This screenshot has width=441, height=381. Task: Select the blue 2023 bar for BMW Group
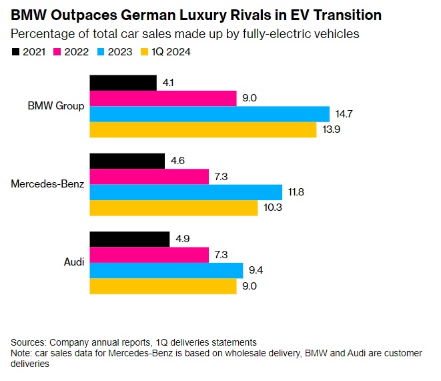(209, 114)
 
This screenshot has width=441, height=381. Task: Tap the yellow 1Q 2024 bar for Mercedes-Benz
(173, 208)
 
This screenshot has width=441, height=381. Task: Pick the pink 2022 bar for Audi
(149, 255)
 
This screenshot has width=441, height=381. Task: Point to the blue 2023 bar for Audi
(166, 270)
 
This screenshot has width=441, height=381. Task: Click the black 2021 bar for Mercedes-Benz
(127, 161)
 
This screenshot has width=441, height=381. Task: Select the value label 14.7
(344, 114)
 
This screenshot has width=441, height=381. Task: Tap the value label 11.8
(297, 192)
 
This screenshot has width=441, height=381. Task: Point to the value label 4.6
(177, 161)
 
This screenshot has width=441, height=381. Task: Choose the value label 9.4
(256, 270)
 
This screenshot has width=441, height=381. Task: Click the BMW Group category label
(57, 106)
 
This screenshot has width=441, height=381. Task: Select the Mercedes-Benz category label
(47, 184)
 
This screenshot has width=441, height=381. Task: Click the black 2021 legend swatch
(16, 51)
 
